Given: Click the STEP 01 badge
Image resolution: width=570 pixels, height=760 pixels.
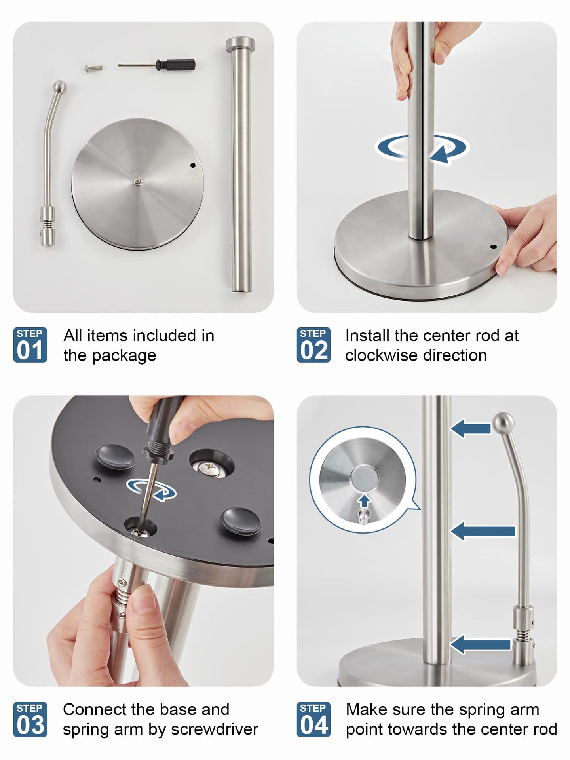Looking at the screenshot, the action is coord(30,345).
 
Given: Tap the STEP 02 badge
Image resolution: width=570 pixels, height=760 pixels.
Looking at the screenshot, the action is coord(313,345).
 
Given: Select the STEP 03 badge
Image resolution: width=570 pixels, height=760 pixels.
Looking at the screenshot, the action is coord(30,719).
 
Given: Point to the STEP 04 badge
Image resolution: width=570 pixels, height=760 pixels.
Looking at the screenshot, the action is coord(313,719).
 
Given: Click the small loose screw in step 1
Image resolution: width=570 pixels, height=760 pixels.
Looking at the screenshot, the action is coord(94,68).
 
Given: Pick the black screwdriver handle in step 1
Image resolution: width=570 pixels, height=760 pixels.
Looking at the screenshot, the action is coord(175,65).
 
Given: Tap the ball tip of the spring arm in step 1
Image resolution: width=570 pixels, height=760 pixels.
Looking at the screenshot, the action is coord(60,86).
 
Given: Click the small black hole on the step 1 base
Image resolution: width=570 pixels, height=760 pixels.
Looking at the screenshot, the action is coord(193,165).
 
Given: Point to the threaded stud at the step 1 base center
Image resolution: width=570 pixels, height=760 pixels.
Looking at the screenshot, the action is coord(137,181).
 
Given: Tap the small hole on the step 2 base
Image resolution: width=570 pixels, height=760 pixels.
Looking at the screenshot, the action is coord(493,247).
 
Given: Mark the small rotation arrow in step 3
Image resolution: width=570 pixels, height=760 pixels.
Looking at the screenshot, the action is coord(151,490).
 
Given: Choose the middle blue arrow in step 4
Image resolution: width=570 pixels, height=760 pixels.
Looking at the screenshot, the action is coord(483,531).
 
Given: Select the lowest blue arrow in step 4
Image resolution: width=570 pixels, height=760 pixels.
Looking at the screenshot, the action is coord(481,644).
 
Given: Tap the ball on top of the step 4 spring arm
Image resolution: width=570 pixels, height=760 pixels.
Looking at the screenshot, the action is coord(503,423).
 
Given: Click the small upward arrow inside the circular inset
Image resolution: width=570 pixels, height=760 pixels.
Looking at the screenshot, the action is coord(364,501).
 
